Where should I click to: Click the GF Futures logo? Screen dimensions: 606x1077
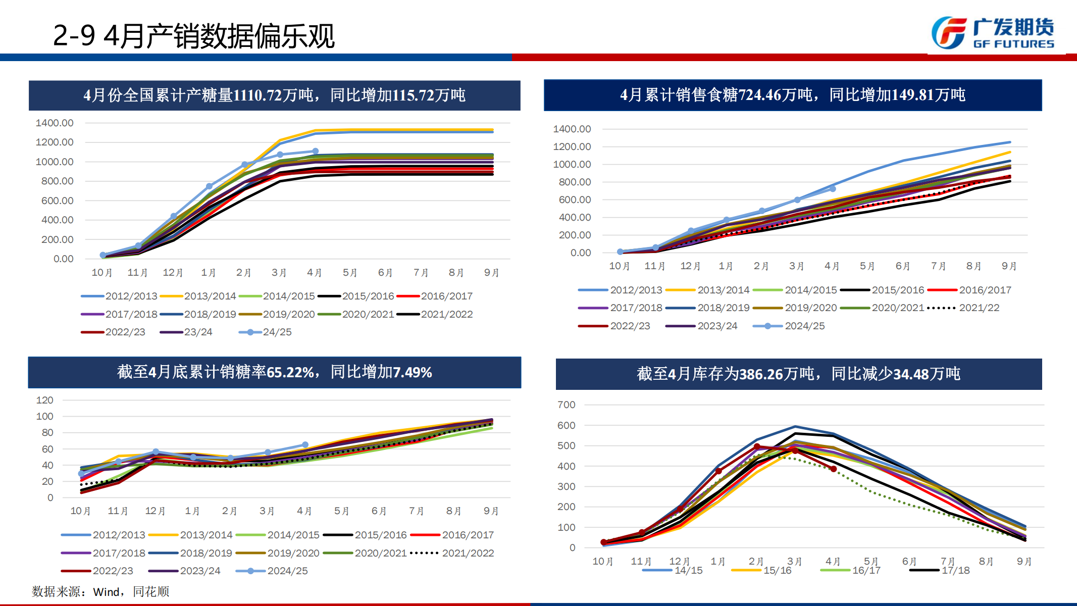point(992,33)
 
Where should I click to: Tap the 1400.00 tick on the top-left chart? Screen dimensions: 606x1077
point(55,123)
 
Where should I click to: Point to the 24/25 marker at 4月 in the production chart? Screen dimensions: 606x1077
point(315,151)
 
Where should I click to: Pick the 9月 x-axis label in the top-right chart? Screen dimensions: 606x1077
point(1009,266)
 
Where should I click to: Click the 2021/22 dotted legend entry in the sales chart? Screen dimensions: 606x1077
point(964,308)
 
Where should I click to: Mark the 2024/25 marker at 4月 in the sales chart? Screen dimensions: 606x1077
point(833,189)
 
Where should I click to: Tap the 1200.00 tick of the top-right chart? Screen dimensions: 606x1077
point(572,146)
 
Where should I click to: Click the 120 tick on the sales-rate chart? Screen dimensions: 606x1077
point(45,400)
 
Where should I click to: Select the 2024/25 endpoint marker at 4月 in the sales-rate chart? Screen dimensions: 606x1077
point(305,445)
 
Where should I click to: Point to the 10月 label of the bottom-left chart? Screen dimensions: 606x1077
point(81,511)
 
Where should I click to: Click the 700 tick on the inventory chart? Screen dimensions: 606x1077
point(567,405)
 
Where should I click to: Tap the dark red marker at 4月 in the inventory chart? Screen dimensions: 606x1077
point(834,469)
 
